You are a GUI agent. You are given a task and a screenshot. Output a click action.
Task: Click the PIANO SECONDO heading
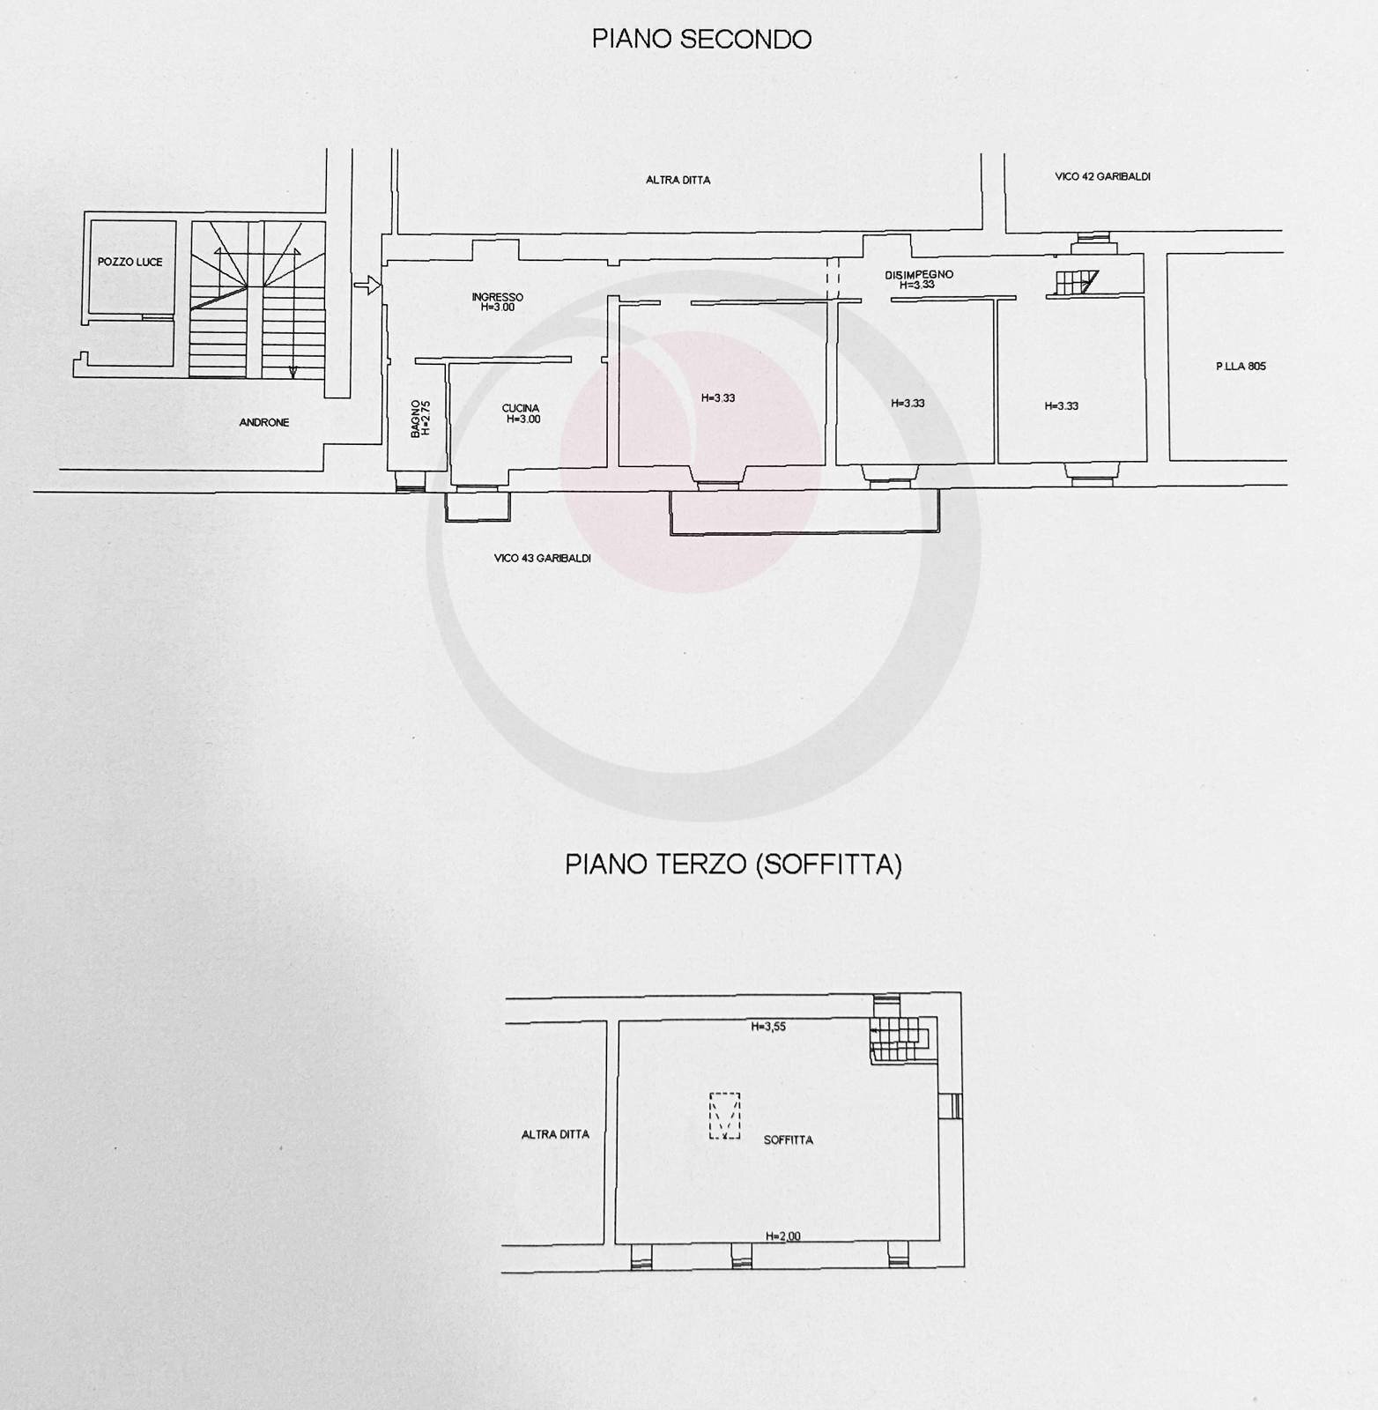point(701,40)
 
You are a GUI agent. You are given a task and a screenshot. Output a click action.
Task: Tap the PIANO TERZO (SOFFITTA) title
point(733,865)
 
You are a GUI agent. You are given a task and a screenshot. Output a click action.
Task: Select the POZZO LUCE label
point(130,262)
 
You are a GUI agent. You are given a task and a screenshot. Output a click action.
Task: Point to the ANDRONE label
point(264,422)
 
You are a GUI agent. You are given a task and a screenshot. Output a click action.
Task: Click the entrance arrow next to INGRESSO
point(367,285)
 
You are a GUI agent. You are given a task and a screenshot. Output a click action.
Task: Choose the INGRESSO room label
point(497,297)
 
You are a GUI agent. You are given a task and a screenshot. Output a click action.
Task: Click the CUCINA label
point(521,408)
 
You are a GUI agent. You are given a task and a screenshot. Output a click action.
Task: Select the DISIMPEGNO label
point(919,275)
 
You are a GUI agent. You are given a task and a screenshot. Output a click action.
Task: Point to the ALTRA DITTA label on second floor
point(678,180)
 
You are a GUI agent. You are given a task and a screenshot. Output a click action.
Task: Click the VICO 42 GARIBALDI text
point(1102,176)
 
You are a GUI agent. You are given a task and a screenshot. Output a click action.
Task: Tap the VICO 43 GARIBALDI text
point(542,558)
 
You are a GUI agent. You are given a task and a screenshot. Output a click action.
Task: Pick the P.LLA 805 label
point(1241,367)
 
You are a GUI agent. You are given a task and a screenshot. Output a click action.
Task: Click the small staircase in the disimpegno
point(1075,282)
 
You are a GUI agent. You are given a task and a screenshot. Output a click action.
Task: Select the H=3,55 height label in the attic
point(768,1027)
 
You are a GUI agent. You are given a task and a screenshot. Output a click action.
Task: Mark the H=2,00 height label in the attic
point(783,1236)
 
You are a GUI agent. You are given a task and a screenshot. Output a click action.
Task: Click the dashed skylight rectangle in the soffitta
point(724,1116)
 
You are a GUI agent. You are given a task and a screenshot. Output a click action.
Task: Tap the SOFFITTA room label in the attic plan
point(789,1140)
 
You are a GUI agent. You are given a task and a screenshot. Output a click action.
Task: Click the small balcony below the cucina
point(478,508)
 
